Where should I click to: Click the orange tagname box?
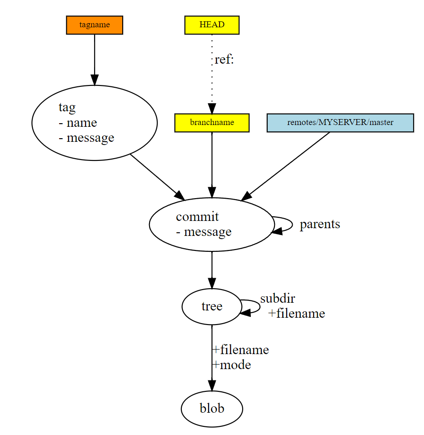coord(95,25)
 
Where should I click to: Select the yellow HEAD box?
coord(212,25)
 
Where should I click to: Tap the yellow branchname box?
coord(212,123)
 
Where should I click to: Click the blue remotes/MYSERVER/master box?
coord(340,123)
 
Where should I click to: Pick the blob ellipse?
coord(212,409)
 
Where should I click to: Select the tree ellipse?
coord(212,307)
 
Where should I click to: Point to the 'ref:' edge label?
coord(224,60)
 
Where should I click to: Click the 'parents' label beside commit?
coord(319,224)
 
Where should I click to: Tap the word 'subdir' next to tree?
coord(277,299)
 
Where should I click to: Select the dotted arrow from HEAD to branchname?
coord(212,73)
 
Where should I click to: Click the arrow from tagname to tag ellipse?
coord(95,59)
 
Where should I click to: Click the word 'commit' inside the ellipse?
coord(197,217)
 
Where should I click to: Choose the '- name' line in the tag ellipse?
coord(78,123)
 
